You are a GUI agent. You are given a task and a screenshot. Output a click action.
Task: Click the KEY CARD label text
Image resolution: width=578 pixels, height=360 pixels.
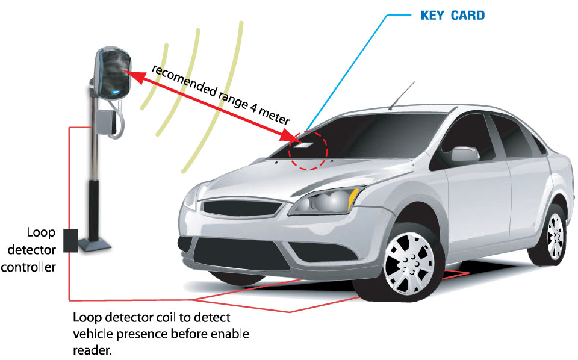(x=453, y=16)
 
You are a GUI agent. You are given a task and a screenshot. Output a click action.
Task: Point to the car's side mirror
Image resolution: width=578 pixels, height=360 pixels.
(x=465, y=154)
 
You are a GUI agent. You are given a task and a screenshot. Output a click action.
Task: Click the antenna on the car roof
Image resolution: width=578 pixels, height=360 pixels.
(x=402, y=96)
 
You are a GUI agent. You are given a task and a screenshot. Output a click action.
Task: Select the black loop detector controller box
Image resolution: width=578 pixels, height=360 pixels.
(x=70, y=241)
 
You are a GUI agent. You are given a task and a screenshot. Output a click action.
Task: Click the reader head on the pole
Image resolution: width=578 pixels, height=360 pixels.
(x=113, y=73)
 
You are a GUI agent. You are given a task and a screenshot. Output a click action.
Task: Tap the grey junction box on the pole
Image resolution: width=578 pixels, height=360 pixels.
(x=105, y=121)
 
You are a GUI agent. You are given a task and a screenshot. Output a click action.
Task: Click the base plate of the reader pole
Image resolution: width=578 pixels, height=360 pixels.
(x=95, y=244)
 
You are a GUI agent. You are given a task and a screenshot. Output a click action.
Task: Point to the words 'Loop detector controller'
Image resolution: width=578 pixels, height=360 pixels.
(x=29, y=250)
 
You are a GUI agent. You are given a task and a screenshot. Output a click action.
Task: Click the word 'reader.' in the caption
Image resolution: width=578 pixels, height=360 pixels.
(x=92, y=350)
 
